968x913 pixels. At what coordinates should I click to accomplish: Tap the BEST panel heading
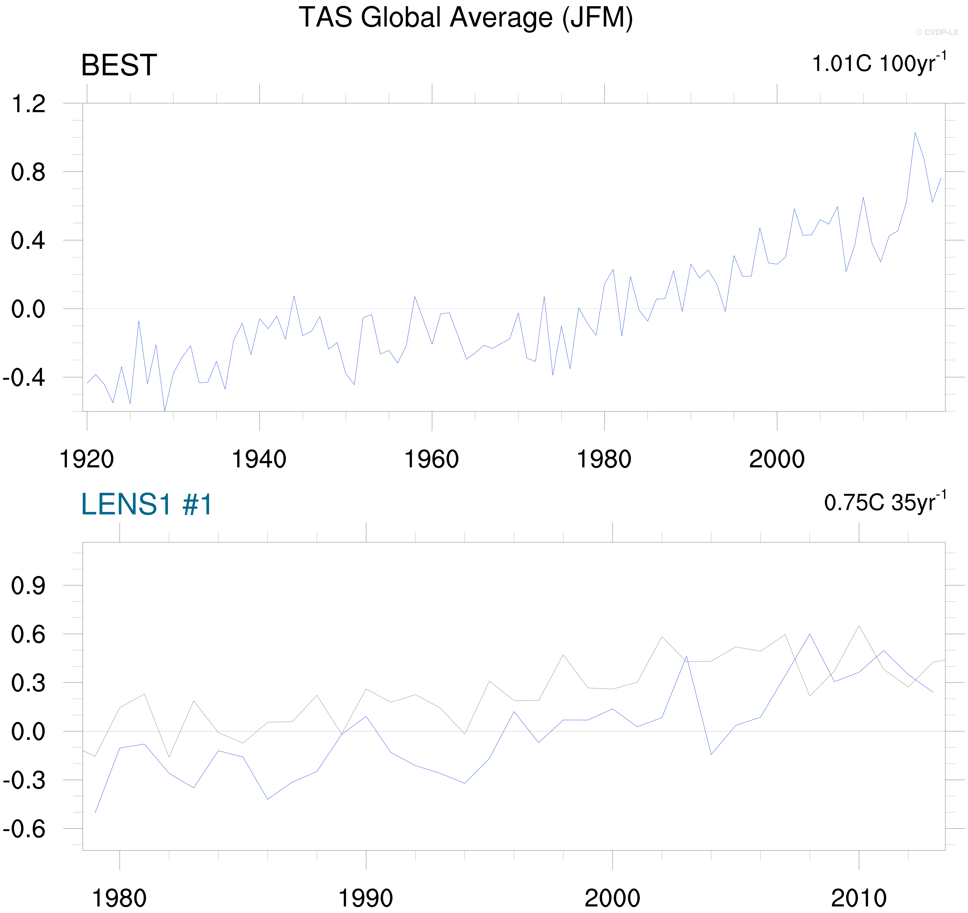coord(119,65)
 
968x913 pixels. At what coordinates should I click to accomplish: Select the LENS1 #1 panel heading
coord(147,504)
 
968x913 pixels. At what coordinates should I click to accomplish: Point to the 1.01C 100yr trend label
coord(879,63)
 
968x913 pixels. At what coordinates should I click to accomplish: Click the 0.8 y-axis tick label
coord(28,173)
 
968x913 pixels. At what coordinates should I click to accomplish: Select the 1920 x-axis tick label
coord(87,459)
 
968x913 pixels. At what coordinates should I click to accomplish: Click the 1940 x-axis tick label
coord(259,459)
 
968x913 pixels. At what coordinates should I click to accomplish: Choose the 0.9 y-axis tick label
coord(28,586)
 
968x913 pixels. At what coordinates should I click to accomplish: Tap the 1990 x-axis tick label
coord(366,898)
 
